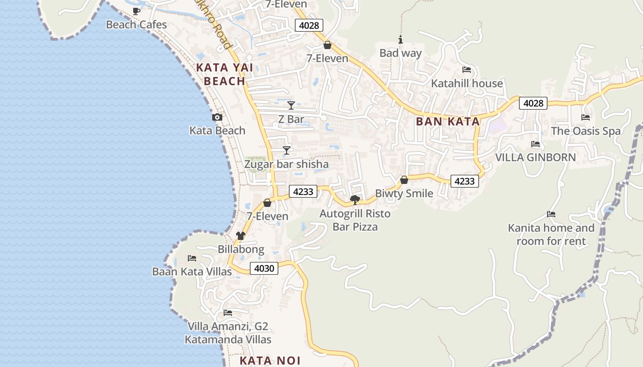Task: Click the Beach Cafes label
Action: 136,24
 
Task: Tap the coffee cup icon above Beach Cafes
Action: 136,11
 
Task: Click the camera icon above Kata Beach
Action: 217,117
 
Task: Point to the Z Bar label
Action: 291,119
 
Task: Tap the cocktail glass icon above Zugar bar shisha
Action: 287,150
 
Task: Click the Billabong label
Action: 241,250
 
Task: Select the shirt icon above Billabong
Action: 241,236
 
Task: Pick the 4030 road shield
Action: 264,268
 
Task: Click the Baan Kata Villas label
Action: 192,272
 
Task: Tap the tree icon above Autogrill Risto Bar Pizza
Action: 355,200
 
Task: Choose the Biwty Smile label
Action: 404,194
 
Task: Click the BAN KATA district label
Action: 448,122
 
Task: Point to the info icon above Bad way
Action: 400,40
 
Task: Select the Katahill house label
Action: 467,83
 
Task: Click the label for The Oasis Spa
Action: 586,131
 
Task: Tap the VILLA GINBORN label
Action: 536,157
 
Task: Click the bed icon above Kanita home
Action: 551,214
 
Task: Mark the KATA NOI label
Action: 270,361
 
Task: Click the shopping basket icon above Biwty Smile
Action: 404,180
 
